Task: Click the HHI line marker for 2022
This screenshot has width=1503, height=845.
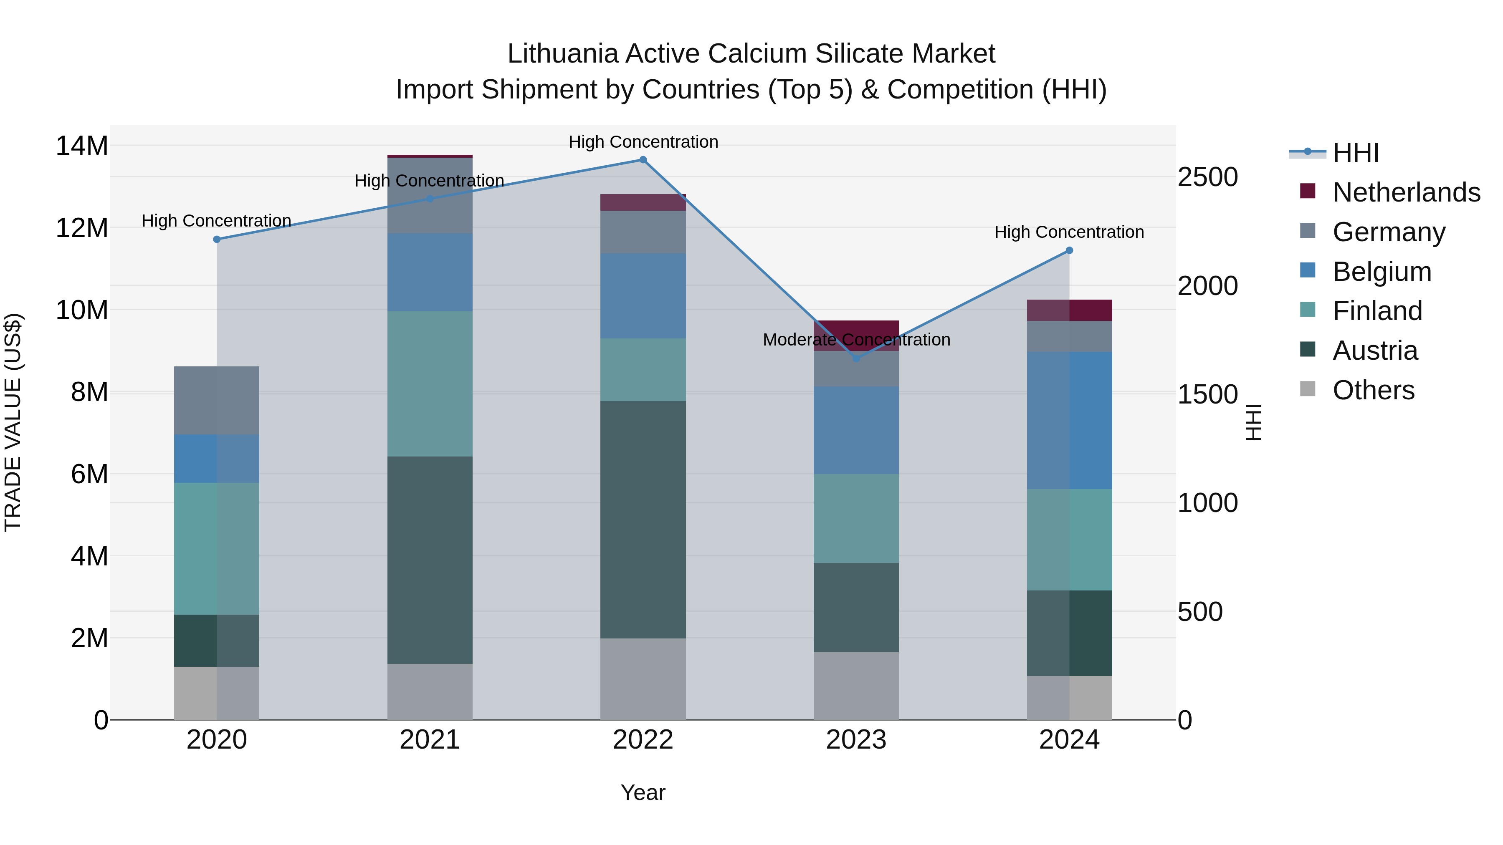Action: coord(643,160)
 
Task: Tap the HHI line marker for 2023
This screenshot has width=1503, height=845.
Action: coord(856,358)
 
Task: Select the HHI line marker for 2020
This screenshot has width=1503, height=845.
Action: coord(216,239)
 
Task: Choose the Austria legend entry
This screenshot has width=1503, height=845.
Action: coord(1375,351)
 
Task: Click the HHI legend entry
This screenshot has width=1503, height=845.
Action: coord(1355,153)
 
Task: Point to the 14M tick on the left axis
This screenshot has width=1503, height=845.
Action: coord(82,146)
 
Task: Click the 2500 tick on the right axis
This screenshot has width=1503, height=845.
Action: coord(1207,177)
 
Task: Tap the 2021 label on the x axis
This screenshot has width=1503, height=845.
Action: coord(430,740)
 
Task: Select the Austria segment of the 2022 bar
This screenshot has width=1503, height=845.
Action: coord(643,519)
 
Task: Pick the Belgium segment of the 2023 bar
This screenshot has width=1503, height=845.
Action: coord(856,430)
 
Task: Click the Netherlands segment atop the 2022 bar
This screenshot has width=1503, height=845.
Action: coord(643,202)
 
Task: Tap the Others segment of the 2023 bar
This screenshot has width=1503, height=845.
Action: coord(856,685)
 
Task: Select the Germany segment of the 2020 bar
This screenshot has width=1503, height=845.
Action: coord(216,400)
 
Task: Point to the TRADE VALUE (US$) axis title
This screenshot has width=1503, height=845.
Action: coord(13,422)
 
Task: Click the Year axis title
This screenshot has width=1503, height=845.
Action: coord(643,792)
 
